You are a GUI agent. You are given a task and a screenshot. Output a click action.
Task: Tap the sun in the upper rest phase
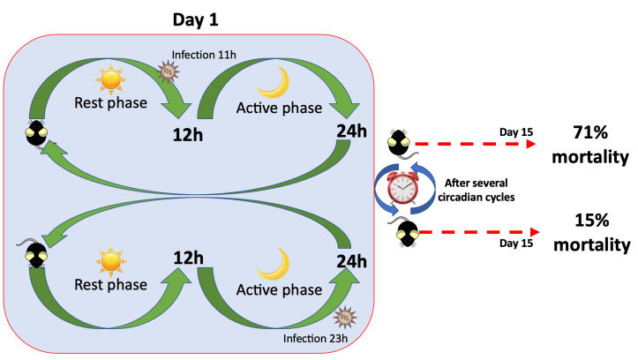pyautogui.click(x=110, y=81)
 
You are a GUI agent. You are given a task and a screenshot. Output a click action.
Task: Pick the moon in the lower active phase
pyautogui.click(x=275, y=262)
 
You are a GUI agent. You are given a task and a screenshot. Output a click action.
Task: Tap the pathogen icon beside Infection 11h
pyautogui.click(x=167, y=70)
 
